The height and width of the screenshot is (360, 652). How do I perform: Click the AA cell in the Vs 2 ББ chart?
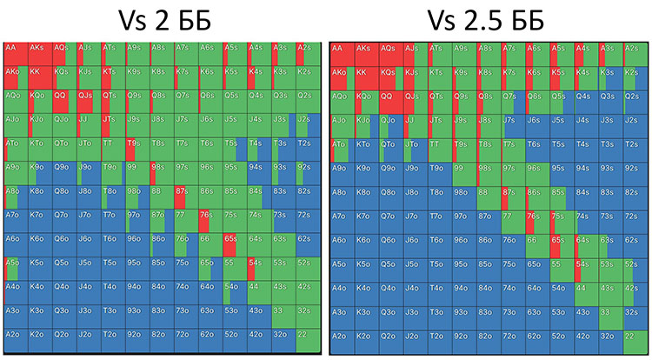click(16, 51)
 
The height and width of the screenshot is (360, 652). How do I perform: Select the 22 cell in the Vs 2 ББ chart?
click(307, 339)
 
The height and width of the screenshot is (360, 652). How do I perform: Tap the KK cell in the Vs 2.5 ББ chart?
click(367, 76)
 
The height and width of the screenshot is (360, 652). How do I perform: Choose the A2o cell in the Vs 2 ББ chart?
click(16, 339)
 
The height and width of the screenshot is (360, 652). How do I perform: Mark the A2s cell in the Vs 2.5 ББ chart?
click(635, 51)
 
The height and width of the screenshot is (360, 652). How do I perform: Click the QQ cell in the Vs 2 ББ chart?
click(64, 99)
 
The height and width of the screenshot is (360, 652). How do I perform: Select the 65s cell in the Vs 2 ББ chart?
click(235, 243)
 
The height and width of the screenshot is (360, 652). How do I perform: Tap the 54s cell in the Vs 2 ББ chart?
click(258, 267)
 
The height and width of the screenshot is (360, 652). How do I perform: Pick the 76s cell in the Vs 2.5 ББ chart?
click(537, 219)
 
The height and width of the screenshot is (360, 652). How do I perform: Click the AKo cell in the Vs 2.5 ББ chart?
click(343, 76)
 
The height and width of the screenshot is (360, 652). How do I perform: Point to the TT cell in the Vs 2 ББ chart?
click(113, 147)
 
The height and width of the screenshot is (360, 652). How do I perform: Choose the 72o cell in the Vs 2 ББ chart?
click(185, 339)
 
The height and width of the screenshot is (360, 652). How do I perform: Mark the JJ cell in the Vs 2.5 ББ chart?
click(416, 123)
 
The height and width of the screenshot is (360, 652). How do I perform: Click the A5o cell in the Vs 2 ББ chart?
click(16, 267)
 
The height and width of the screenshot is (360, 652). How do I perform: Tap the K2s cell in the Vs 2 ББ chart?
click(307, 75)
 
